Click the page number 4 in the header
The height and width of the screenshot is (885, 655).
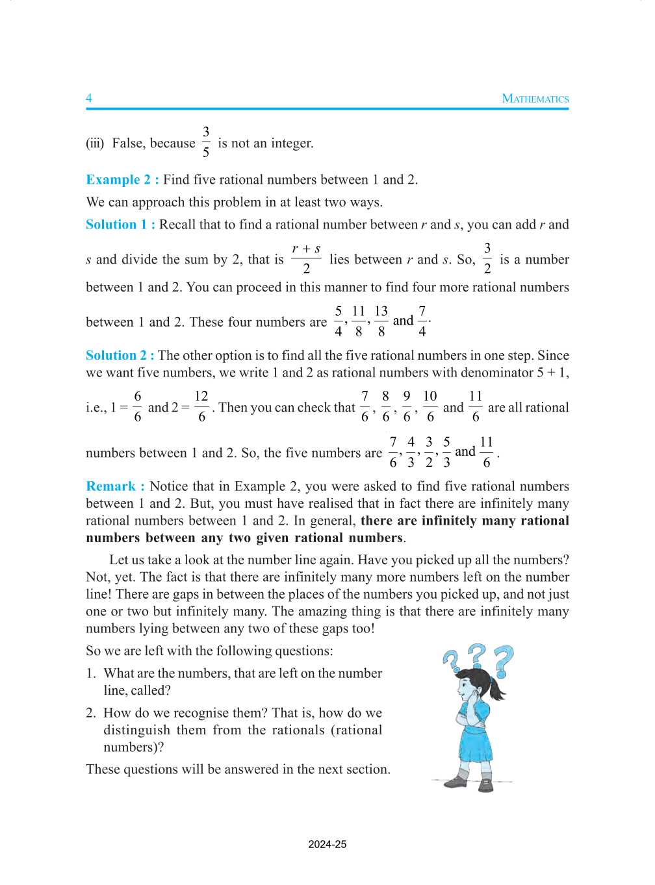(x=89, y=98)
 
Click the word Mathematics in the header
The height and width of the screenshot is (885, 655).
(x=535, y=99)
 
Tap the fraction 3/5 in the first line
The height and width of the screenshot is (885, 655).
(x=206, y=142)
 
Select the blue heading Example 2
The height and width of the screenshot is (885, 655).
(x=122, y=180)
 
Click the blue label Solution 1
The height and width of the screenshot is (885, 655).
(x=120, y=225)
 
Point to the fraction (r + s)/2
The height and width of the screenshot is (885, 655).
(x=306, y=258)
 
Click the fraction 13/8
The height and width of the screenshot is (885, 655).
(x=381, y=321)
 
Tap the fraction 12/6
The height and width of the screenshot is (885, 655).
(x=201, y=406)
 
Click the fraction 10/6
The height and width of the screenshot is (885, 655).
(x=430, y=406)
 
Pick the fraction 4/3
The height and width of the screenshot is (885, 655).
(x=411, y=452)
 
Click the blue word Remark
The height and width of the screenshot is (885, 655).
(x=115, y=486)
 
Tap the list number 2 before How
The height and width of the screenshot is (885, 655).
(x=90, y=713)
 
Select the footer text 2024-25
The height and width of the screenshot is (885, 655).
(x=327, y=844)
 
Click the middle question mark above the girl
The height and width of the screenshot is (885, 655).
(x=478, y=655)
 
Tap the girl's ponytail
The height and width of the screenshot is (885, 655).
(x=498, y=688)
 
